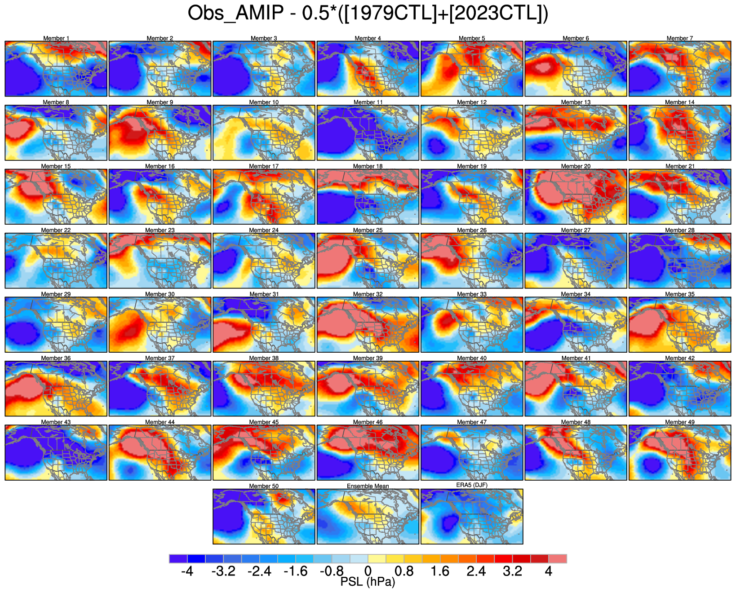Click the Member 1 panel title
tap(56, 38)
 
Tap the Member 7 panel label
tap(679, 38)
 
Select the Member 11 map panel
tap(368, 133)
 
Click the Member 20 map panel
tap(576, 197)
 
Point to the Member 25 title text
tap(368, 230)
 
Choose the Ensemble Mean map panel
tap(368, 517)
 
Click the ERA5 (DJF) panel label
tap(472, 485)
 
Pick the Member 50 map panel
tap(264, 517)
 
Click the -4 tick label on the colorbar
tap(187, 571)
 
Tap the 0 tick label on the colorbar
tap(368, 571)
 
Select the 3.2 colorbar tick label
tap(513, 571)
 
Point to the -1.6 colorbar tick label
tap(296, 571)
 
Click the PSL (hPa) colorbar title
tap(368, 582)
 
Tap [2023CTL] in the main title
tap(496, 13)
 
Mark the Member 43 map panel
tap(56, 452)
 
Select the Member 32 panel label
tap(368, 294)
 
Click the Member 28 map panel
tap(679, 261)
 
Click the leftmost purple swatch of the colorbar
tap(178, 558)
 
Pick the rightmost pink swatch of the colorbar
tap(558, 558)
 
